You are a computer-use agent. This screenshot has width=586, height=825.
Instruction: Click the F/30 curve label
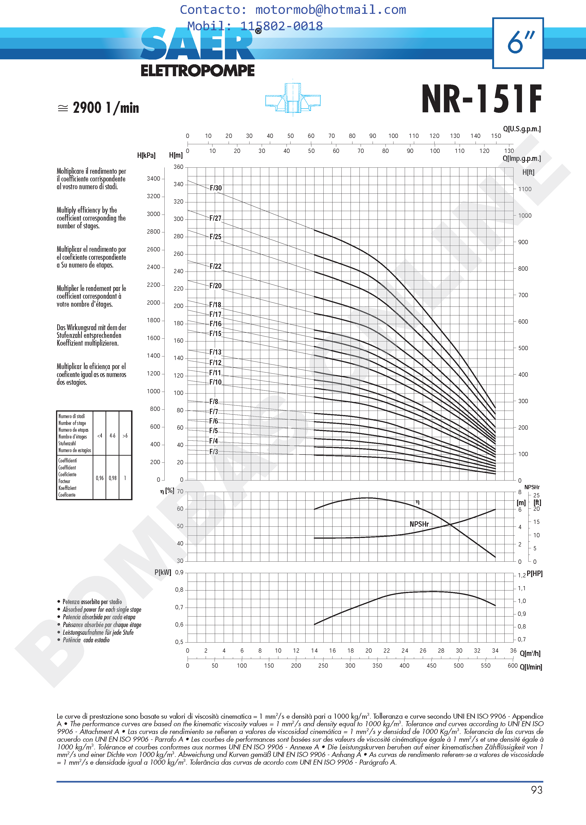[x=216, y=188]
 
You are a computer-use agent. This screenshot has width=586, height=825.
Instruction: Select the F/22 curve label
[x=215, y=266]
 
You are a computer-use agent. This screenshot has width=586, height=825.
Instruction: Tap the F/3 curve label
[x=214, y=451]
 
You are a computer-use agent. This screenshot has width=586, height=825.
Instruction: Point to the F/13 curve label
[x=215, y=352]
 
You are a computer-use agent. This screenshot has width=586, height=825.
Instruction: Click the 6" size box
[x=518, y=43]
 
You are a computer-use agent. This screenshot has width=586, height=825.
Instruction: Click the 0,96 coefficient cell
[x=100, y=478]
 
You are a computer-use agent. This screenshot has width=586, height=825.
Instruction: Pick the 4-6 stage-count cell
[x=113, y=435]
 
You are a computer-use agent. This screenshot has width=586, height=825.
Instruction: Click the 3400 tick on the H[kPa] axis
[x=153, y=179]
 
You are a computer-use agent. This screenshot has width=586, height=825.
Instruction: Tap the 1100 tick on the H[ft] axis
[x=525, y=189]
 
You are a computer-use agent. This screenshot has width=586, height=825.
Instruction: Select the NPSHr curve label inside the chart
[x=419, y=524]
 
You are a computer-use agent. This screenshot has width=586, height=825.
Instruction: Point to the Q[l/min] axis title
[x=531, y=667]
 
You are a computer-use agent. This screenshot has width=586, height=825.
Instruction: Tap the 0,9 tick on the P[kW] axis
[x=179, y=572]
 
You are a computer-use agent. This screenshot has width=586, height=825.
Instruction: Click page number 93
[x=537, y=790]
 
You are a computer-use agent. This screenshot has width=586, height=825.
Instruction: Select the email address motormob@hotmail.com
[x=331, y=10]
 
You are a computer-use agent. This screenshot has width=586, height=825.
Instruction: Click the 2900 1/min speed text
[x=106, y=108]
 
